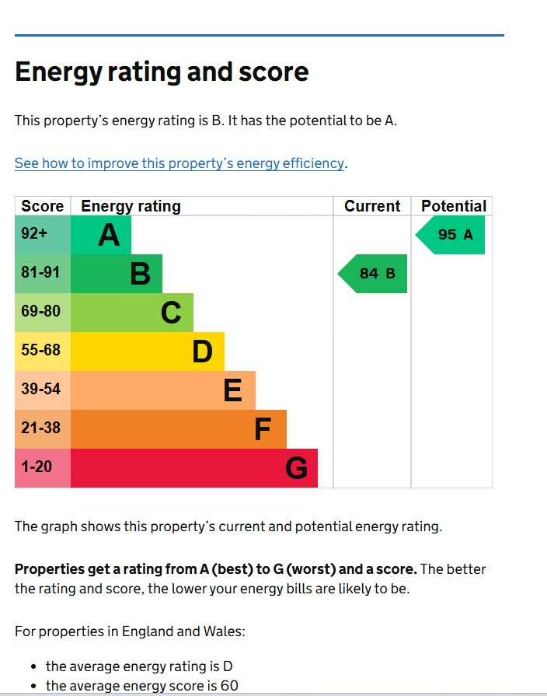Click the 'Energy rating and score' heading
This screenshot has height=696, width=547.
click(x=162, y=72)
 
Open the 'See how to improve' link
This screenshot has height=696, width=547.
click(x=179, y=163)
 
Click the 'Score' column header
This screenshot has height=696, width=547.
click(x=43, y=206)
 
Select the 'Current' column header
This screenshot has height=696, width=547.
click(x=372, y=206)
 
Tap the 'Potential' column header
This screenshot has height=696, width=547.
click(x=453, y=206)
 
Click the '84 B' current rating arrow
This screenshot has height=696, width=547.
click(x=374, y=274)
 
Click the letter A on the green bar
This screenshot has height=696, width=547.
click(x=110, y=235)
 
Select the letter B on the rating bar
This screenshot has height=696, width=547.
click(x=140, y=274)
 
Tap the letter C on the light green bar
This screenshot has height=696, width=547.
click(x=171, y=313)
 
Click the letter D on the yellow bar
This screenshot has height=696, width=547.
click(x=202, y=351)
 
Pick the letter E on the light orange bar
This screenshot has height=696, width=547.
click(x=232, y=390)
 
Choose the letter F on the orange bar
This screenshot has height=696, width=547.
click(x=263, y=429)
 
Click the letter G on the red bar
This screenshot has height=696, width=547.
click(x=296, y=468)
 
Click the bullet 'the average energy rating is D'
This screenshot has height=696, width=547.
click(x=139, y=666)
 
